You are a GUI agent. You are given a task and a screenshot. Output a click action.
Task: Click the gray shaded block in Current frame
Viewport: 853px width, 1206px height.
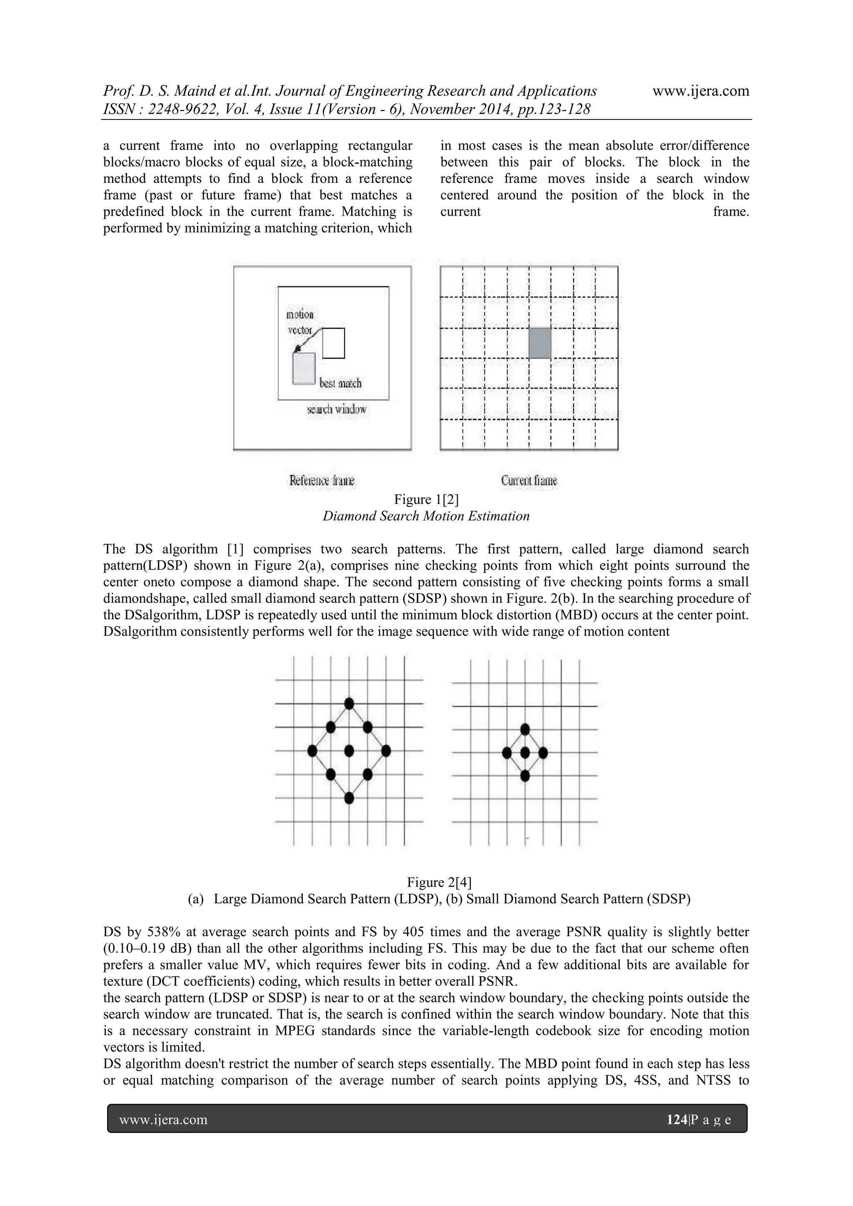tap(539, 343)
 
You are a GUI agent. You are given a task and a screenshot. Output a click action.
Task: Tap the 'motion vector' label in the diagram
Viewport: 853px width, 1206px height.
tap(300, 322)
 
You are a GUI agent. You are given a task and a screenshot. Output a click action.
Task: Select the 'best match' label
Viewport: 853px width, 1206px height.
tap(340, 383)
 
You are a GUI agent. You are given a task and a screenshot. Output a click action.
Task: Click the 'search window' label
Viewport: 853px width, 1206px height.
tap(336, 409)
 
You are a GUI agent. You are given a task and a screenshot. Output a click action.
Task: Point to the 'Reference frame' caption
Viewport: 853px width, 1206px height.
tap(322, 480)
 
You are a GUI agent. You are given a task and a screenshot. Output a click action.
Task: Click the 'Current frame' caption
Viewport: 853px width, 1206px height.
tap(529, 480)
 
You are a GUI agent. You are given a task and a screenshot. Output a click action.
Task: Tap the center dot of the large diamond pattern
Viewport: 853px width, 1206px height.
tap(349, 750)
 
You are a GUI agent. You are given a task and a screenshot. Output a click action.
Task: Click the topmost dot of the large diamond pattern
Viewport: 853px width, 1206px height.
tap(349, 703)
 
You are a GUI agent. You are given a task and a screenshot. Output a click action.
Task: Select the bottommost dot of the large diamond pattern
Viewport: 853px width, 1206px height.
tap(349, 798)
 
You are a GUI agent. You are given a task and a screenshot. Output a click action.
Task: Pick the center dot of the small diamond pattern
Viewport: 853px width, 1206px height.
tap(525, 753)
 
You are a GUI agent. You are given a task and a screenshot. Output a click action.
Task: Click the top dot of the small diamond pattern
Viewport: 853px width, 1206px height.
tap(525, 729)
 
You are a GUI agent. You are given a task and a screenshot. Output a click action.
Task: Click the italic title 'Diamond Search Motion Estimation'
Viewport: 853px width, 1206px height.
tap(426, 516)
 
